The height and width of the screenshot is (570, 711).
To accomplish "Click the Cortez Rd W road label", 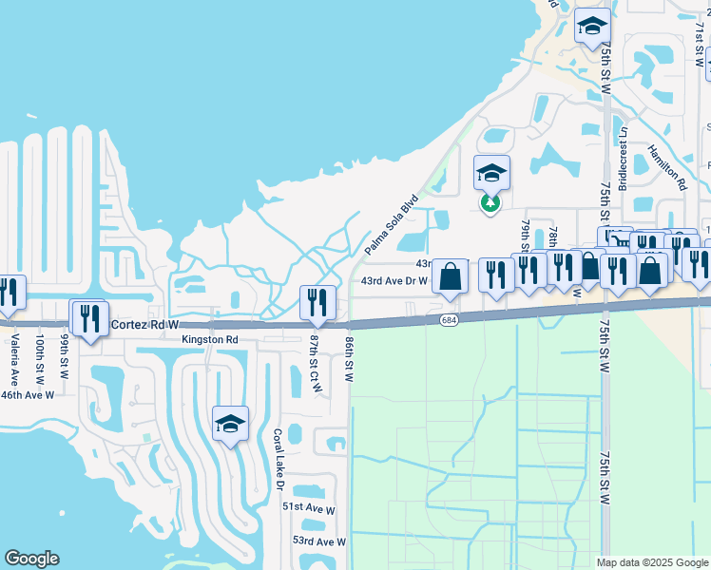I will point(144,324).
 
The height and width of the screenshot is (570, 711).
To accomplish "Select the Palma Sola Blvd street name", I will point(392,225).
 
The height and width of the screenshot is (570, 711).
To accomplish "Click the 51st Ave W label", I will point(309,509).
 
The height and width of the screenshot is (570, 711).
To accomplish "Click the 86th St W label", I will point(349,358).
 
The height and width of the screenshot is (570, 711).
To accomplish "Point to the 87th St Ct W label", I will point(314,363).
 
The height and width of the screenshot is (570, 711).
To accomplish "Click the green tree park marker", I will point(490,203).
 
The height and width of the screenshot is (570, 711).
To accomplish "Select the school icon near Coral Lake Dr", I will point(230,424).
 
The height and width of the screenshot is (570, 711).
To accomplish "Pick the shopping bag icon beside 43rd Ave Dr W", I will point(451,276).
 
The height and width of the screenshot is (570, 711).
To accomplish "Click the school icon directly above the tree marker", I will point(491,173).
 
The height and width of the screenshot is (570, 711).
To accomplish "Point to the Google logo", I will point(32,559).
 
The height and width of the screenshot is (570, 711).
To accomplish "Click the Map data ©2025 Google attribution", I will point(651,562).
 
